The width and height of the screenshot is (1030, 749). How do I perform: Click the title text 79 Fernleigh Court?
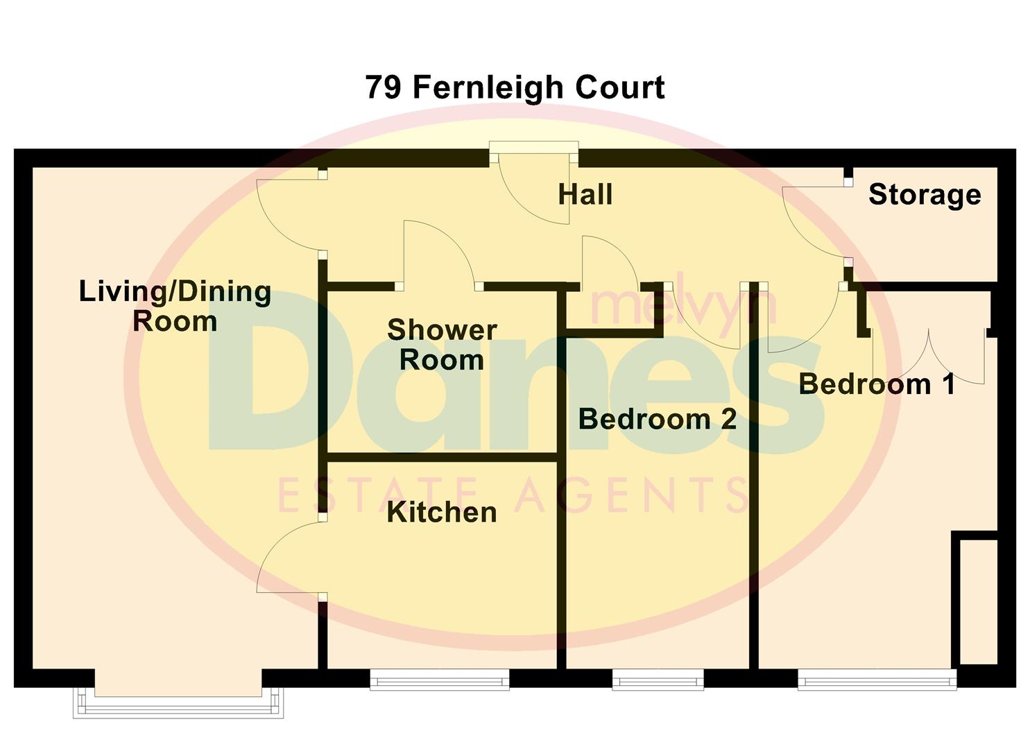tap(515, 88)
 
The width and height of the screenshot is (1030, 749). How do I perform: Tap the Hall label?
tap(585, 195)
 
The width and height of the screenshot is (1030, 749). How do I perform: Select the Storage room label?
tap(925, 195)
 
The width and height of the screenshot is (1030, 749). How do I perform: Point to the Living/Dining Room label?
tap(175, 306)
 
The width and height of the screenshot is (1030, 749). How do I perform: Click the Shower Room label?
tap(442, 345)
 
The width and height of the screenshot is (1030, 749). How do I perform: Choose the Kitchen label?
tap(442, 513)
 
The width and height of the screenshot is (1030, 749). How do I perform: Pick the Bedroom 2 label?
tap(657, 419)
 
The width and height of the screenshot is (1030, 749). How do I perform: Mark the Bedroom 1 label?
tap(877, 384)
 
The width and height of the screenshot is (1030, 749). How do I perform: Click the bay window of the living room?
tap(178, 702)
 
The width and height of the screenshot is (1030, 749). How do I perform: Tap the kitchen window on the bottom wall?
tap(440, 680)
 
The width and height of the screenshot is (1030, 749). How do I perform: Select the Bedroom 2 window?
tap(658, 680)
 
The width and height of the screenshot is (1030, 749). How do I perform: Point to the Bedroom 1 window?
tap(877, 680)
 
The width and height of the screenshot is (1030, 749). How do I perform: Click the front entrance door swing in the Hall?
tap(538, 187)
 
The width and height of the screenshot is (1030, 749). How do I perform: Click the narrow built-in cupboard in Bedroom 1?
tap(978, 600)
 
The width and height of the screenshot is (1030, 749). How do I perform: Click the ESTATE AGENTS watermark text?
tap(513, 494)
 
